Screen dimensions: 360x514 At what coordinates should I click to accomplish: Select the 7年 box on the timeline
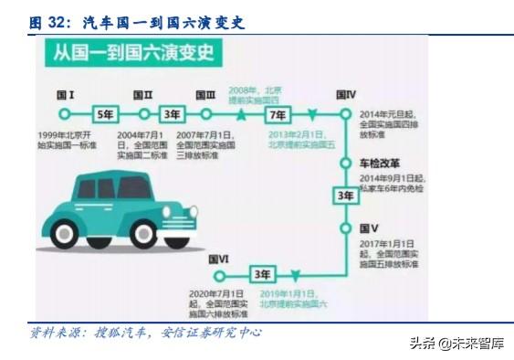click(276, 115)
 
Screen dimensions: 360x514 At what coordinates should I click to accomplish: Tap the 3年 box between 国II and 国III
click(172, 115)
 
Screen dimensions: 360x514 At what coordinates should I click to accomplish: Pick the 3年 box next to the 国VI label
click(263, 274)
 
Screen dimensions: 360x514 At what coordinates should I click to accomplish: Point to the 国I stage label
click(66, 94)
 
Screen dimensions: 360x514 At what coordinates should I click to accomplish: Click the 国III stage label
click(206, 94)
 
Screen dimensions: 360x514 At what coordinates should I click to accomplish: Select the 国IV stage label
click(346, 94)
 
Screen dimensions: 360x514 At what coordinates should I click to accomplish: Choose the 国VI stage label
click(219, 259)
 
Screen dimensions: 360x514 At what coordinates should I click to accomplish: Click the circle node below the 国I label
click(64, 115)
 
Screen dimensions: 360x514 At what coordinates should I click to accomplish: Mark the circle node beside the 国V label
click(345, 228)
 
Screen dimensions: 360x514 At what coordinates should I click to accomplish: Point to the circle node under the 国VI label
click(219, 274)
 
